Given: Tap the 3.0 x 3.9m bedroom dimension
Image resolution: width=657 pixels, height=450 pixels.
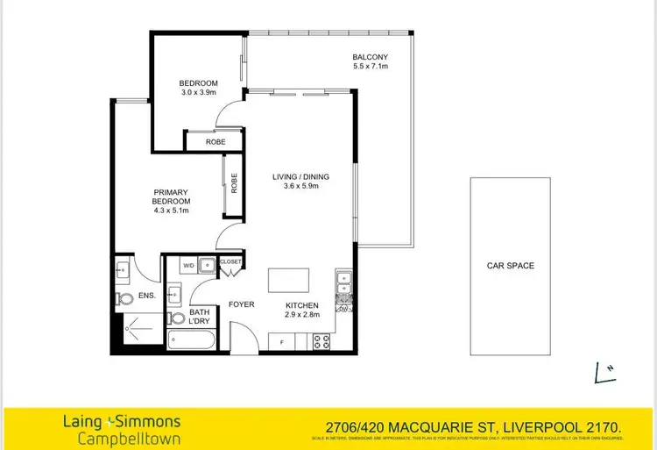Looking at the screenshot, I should pyautogui.click(x=199, y=92).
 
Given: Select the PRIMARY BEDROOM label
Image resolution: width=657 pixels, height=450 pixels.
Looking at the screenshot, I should pyautogui.click(x=171, y=196).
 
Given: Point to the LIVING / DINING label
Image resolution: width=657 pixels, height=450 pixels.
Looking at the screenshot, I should pyautogui.click(x=300, y=176).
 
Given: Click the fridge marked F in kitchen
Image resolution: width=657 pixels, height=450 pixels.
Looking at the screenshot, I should pyautogui.click(x=281, y=340).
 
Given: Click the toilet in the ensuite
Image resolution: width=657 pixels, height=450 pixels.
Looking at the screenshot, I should pyautogui.click(x=121, y=300).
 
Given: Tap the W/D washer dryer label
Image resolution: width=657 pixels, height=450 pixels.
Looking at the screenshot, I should pyautogui.click(x=188, y=264).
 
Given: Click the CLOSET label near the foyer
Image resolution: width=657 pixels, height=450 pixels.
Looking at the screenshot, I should pyautogui.click(x=230, y=261).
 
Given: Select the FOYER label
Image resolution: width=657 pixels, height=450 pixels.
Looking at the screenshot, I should pyautogui.click(x=241, y=304).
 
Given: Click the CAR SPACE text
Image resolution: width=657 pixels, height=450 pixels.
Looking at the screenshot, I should pyautogui.click(x=510, y=265).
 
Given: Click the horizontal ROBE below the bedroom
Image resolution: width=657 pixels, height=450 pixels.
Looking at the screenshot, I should pyautogui.click(x=215, y=141).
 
